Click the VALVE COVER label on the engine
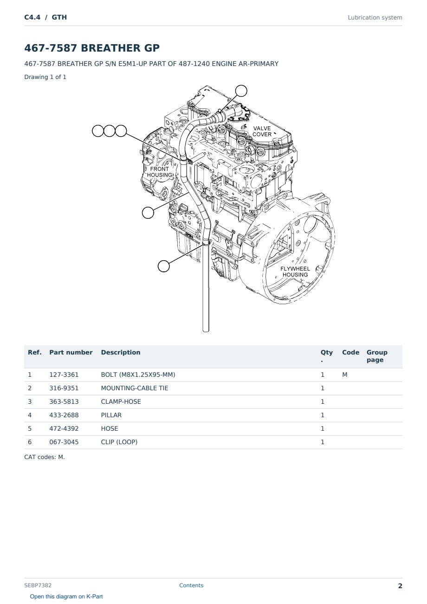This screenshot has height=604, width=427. pos(262,131)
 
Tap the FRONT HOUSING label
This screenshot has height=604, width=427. pos(160,172)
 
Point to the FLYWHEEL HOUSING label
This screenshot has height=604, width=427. pos(295,271)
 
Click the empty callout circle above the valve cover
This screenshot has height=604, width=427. pos(241,91)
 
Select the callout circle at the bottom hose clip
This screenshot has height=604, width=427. pos(163,266)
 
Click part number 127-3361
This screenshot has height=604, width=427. pos(64,374)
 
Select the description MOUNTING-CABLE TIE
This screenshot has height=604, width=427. pos(135,388)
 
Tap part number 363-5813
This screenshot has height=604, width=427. pos(64,401)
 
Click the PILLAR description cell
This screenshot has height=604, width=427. pos(111,415)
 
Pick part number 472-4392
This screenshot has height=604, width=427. pos(64,428)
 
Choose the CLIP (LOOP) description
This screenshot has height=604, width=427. pos(119,442)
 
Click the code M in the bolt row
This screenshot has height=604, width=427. pos(344,374)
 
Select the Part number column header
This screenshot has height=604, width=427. pos(71,352)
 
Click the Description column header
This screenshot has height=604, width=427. pos(120,352)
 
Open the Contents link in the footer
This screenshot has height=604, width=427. pos(191,585)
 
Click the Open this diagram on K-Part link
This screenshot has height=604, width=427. pos(66,596)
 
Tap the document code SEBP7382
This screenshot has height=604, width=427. pos(38,585)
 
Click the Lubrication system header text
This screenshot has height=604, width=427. pos(375,18)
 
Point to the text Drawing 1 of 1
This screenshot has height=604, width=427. pos(45,77)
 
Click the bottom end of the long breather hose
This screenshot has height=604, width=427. pos(206,331)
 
